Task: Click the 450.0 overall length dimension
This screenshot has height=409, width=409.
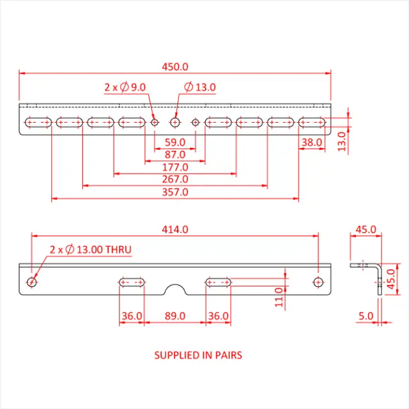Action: coord(175,66)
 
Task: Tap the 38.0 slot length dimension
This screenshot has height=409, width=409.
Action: coord(311,142)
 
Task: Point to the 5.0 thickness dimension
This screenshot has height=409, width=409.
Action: coord(364,316)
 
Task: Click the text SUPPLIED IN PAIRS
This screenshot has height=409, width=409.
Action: coord(198,355)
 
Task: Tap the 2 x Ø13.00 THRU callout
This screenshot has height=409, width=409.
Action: coord(91,249)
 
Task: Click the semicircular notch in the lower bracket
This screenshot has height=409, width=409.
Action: coord(174,290)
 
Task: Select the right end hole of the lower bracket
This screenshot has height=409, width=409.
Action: coord(318,282)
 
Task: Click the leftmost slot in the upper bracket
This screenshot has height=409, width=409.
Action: coord(38,122)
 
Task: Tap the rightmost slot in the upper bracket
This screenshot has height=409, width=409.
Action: coord(311,122)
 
